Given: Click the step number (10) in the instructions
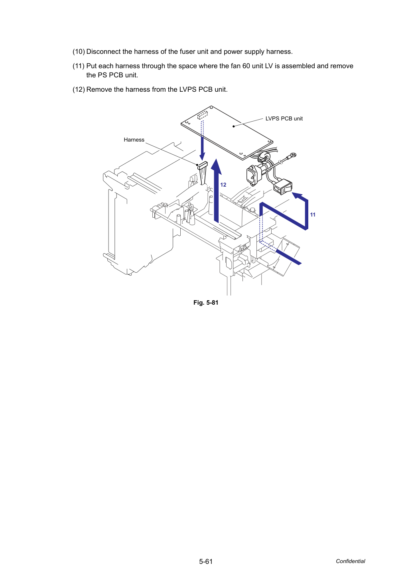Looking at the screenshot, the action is point(79,51).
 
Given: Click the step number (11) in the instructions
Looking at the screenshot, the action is point(79,66).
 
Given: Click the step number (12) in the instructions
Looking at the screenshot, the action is point(79,89).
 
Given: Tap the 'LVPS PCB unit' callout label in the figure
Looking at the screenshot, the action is point(284,119).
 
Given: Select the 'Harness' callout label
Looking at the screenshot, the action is point(134,140).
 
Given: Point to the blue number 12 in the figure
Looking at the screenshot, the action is point(223,185).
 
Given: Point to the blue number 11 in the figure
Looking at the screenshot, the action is point(313,215).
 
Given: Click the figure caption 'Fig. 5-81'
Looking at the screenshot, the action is point(206,302).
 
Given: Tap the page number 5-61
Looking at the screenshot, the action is point(206,561).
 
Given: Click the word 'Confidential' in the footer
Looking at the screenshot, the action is point(350,561).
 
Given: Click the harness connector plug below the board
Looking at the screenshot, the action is point(203,165).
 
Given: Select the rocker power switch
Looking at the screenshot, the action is point(283,187).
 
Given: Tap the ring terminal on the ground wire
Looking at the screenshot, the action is point(293,155).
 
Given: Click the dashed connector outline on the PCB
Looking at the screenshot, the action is point(202,115).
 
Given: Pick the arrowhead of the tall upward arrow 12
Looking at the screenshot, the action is point(216,166).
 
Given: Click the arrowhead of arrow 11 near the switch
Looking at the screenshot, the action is point(297,195).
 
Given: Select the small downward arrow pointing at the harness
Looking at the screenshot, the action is point(202,140).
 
